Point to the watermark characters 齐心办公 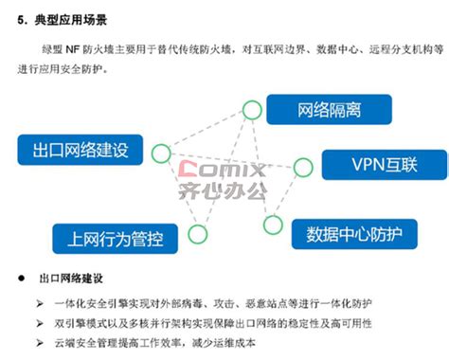224,194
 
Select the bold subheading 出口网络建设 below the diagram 71,279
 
